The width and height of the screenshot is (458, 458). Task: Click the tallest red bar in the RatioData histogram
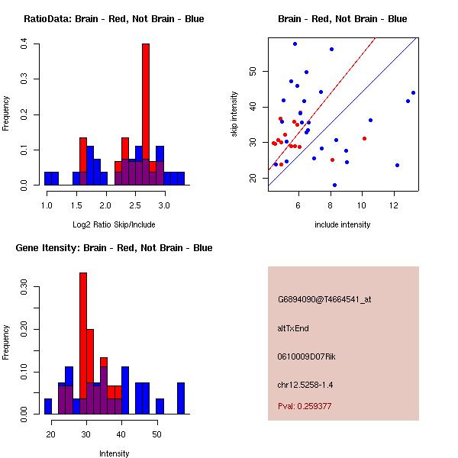coord(146,114)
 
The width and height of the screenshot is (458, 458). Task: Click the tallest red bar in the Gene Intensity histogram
coord(83,343)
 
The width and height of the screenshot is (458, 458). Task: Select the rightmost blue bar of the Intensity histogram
coord(181,398)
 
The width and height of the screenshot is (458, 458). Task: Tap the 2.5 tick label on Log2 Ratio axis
coord(135,205)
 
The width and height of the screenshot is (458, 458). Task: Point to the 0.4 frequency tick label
coord(24,44)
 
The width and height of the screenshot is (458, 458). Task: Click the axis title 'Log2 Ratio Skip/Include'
coord(114,224)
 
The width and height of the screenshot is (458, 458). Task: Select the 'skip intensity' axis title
coord(234,114)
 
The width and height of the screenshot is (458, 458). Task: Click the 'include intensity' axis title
coord(342,224)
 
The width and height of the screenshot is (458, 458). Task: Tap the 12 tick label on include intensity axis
coord(394,205)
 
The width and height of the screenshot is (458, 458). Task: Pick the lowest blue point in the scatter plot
coord(335,185)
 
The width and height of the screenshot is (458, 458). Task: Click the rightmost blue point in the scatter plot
coord(413,93)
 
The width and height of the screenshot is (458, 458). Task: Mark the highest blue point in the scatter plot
coord(295,44)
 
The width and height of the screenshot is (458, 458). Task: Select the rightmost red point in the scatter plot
coord(365,138)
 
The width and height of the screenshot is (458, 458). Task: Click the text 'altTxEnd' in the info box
coord(293,328)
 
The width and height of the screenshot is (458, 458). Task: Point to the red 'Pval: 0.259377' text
coord(305,406)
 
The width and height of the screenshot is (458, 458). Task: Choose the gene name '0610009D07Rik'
coord(306,356)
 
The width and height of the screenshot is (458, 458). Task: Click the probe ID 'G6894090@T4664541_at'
coord(324,299)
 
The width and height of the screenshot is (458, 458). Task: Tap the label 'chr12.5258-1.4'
coord(305,385)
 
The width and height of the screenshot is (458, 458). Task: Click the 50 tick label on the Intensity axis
coord(156,434)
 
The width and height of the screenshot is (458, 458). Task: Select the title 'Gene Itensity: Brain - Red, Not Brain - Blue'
coord(114,248)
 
